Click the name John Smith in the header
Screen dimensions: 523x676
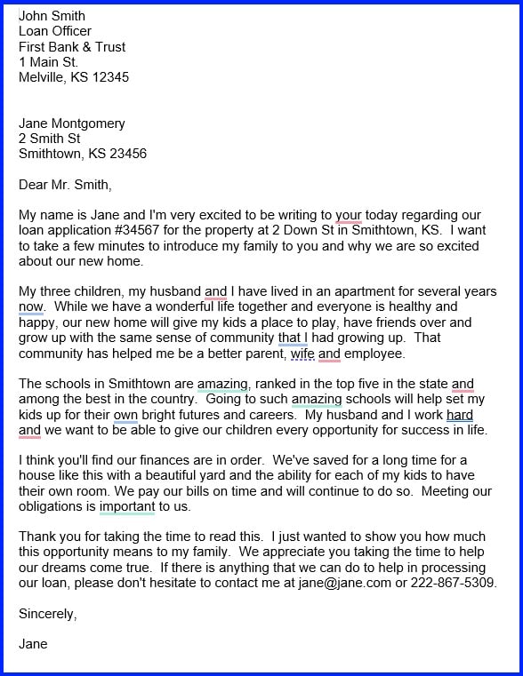pyautogui.click(x=52, y=16)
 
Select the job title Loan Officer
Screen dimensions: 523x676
pyautogui.click(x=55, y=31)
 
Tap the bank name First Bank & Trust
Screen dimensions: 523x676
pyautogui.click(x=72, y=46)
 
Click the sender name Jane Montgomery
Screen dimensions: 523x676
pyautogui.click(x=72, y=123)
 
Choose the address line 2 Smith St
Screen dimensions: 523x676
pyautogui.click(x=50, y=139)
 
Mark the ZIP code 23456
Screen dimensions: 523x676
pyautogui.click(x=127, y=154)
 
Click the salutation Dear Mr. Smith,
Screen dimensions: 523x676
pyautogui.click(x=66, y=185)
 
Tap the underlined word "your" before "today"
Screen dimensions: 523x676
pyautogui.click(x=349, y=216)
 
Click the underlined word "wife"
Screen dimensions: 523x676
pyautogui.click(x=302, y=354)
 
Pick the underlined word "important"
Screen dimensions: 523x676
pyautogui.click(x=127, y=507)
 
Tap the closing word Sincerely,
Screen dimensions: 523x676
pyautogui.click(x=48, y=614)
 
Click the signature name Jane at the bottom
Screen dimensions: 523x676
pyautogui.click(x=33, y=644)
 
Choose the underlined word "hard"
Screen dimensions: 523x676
pyautogui.click(x=460, y=415)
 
